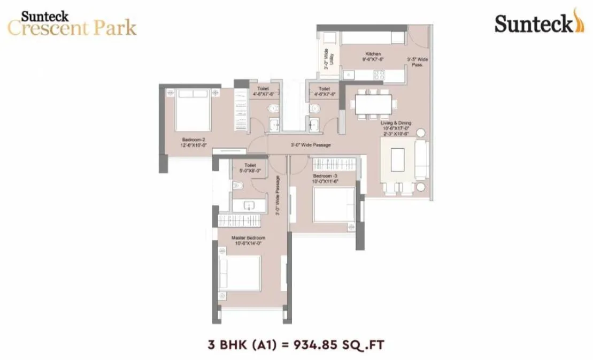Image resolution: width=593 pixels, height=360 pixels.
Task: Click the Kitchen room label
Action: coord(373,54)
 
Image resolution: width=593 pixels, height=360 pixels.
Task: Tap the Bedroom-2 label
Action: coord(194,140)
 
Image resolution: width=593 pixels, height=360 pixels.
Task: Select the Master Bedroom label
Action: coord(248,238)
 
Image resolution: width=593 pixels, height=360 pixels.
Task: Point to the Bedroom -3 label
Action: coord(325,176)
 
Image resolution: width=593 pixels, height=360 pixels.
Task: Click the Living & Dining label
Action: coord(396,123)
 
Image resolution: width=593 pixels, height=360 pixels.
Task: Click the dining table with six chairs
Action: coord(373,104)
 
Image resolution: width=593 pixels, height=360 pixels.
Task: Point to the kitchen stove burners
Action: coord(379,75)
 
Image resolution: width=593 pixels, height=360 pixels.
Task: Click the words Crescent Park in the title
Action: coord(72,27)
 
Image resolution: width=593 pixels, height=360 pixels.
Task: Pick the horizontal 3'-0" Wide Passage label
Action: coord(311,145)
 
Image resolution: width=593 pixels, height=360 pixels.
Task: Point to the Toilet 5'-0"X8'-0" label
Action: coord(250,168)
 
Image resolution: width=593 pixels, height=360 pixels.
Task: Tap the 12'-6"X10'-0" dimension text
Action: coord(194,145)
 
